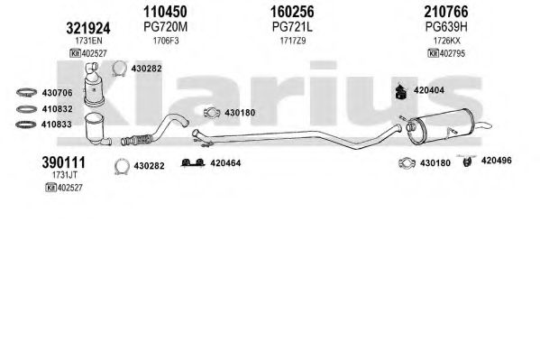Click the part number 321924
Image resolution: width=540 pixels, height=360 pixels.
tap(88, 28)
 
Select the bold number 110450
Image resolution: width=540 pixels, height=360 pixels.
tap(165, 12)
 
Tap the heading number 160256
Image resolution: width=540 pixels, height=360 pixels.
tap(292, 12)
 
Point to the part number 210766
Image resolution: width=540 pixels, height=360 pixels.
tap(446, 12)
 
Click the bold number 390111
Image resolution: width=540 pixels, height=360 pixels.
tap(64, 162)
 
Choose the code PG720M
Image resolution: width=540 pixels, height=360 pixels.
tap(165, 27)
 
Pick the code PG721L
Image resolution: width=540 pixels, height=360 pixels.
tap(292, 27)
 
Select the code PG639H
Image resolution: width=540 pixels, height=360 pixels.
tap(446, 27)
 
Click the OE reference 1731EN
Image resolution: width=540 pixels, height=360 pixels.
tap(88, 41)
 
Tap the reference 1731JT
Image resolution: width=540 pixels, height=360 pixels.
tap(65, 175)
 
